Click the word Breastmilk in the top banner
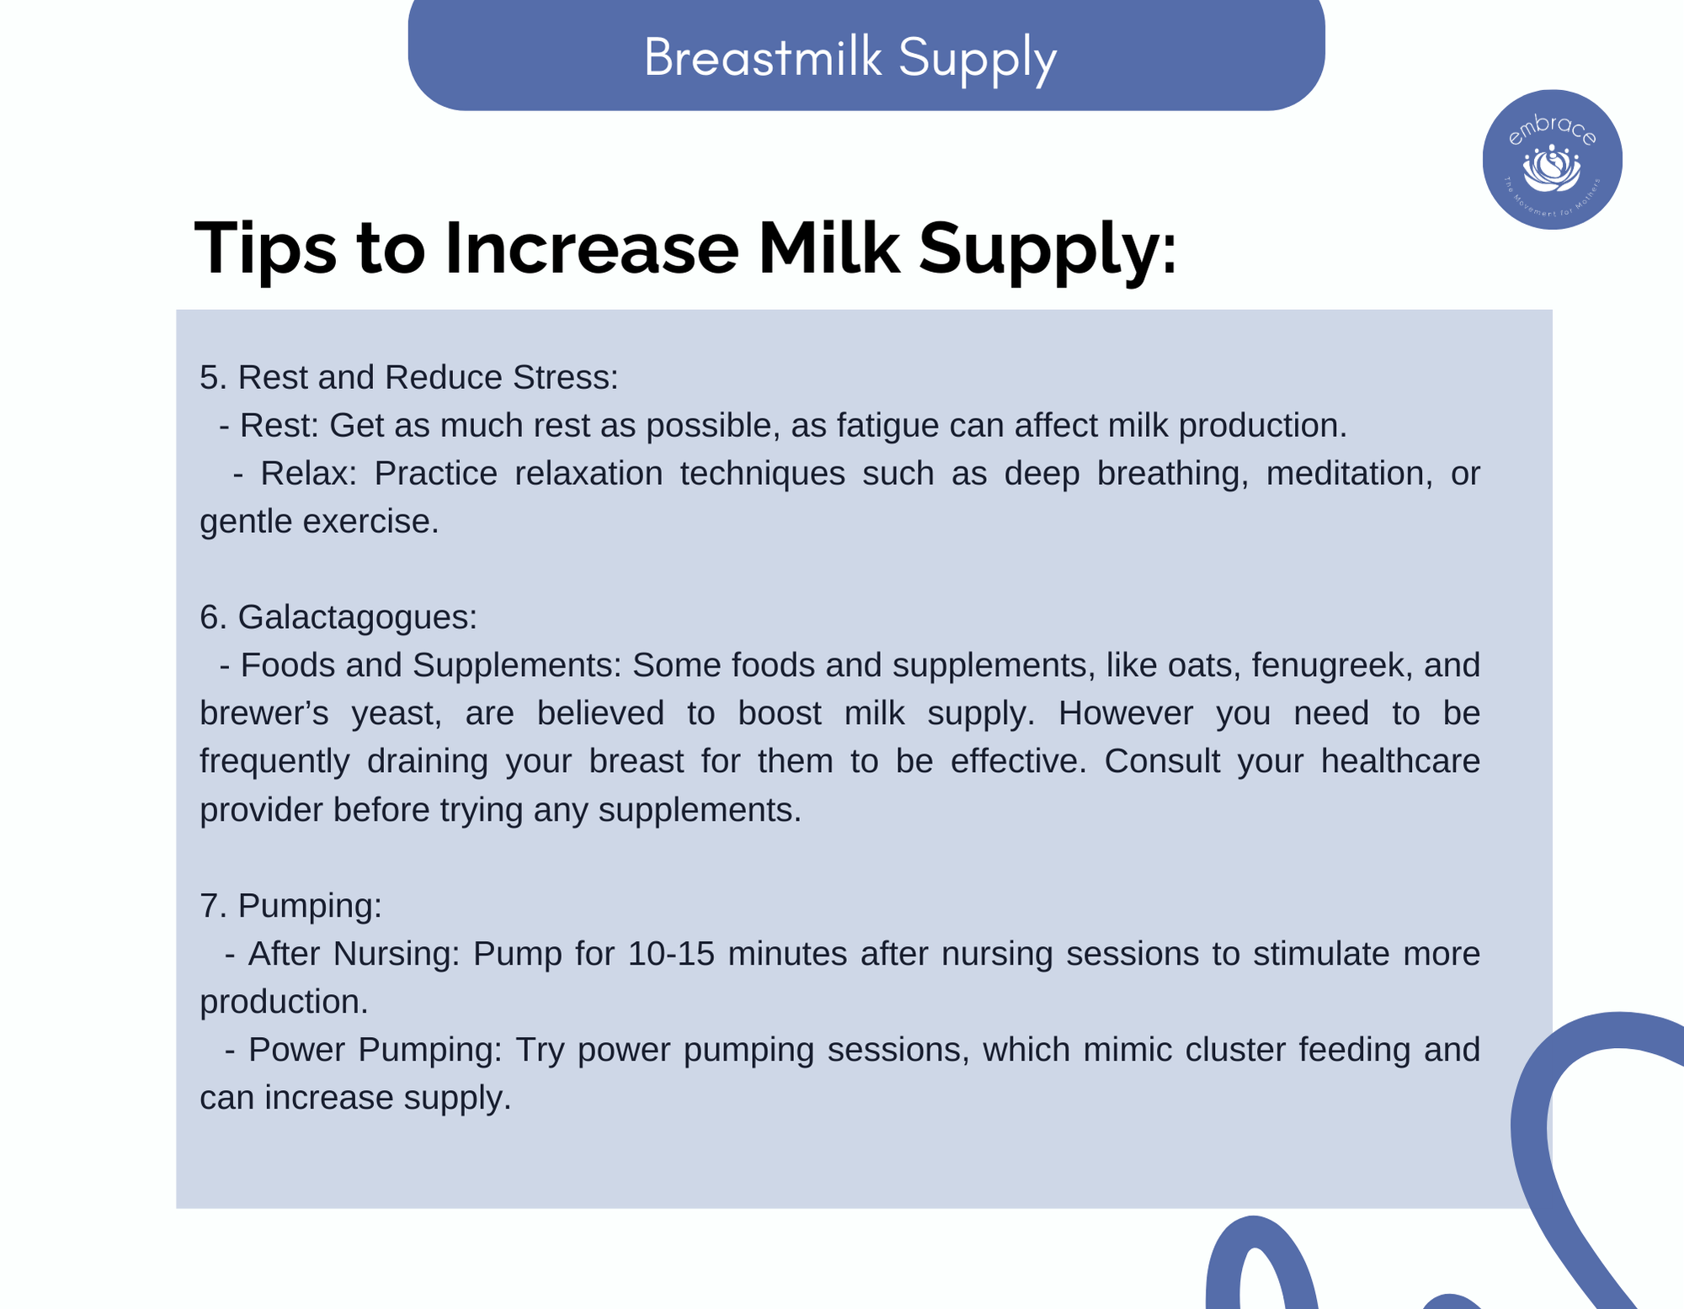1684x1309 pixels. [x=763, y=57]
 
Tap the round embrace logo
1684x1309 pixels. [x=1552, y=159]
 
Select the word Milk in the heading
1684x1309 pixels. [x=829, y=247]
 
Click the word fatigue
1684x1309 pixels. [x=887, y=426]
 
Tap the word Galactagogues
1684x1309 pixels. [x=357, y=618]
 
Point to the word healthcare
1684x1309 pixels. [x=1399, y=761]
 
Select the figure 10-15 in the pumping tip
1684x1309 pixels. [x=671, y=954]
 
